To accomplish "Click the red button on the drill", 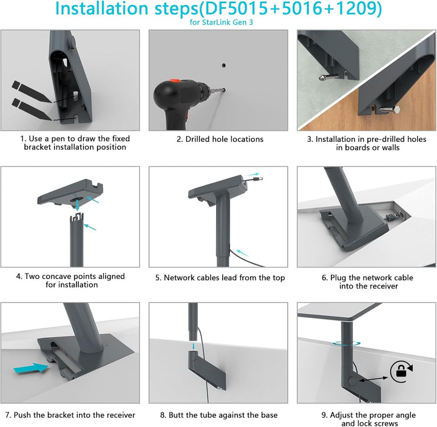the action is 174,81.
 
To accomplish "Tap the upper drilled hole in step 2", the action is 224,66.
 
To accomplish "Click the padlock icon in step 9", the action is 401,371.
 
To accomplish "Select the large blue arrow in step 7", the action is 31,368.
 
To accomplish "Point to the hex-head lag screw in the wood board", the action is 390,109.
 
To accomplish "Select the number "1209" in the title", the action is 355,8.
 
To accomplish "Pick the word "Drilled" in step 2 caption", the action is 198,139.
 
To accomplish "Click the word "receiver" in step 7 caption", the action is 118,415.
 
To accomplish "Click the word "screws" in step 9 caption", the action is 385,423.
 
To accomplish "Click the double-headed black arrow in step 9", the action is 373,379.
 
